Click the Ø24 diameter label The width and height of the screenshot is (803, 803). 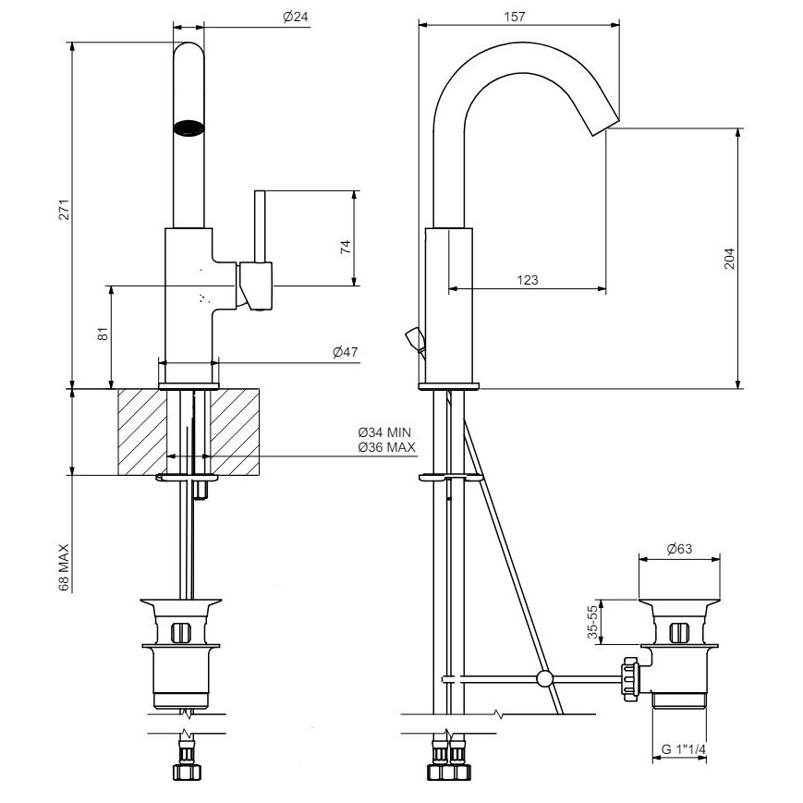tap(296, 17)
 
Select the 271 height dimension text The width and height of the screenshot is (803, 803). tap(64, 210)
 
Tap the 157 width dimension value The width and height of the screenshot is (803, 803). tap(514, 17)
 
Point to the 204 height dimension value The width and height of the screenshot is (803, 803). tap(729, 258)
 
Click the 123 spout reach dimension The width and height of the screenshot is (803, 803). tap(527, 280)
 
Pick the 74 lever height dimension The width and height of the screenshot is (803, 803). tap(346, 247)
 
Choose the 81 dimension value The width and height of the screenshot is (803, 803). tap(103, 334)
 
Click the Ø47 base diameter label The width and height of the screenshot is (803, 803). tap(346, 352)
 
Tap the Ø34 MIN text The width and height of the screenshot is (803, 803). tap(384, 432)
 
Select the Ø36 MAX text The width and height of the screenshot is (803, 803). tap(386, 447)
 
